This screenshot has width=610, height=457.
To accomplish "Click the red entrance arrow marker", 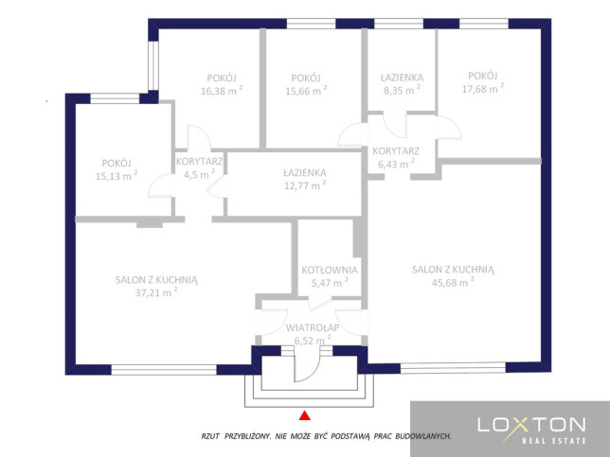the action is coord(305,415).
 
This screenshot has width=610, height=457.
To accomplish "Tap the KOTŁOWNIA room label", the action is coord(330,270).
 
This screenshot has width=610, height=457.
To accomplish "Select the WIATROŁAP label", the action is coord(313,327).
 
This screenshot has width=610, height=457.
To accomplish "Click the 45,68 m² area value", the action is coord(453,282).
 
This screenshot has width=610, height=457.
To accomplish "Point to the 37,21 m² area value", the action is coord(156,291).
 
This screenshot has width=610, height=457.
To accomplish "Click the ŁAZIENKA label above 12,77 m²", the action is coord(305,172).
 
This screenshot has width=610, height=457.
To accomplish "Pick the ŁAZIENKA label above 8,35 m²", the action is coord(402,78).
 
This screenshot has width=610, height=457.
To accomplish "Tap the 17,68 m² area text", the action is coord(483,88).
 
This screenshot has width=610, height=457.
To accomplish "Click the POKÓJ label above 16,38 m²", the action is coord(222,78).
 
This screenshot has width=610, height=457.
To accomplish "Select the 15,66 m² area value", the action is coord(306,91).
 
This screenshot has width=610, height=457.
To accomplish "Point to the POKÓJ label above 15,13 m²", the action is coord(117,163).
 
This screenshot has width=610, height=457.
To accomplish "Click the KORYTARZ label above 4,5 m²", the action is coord(199,161).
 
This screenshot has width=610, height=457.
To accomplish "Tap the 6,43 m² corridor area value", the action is coord(396,164).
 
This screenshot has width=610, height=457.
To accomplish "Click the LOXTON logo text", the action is coord(531,425).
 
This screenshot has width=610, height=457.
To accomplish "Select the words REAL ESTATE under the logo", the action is coord(554,441).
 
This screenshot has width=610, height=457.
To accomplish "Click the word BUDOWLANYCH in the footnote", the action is coord(423,436).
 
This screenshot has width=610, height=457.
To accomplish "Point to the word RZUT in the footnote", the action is coord(210,436).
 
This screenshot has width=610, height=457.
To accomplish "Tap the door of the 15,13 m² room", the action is coord(160,185).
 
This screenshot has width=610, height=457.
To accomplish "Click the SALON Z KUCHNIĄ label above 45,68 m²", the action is coord(453,270).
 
